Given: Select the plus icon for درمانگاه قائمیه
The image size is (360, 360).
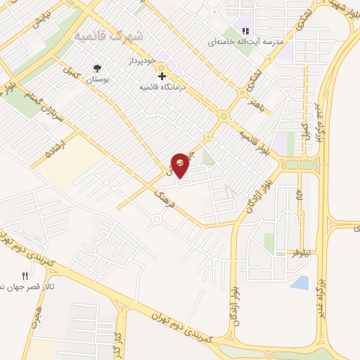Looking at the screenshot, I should click(162, 75).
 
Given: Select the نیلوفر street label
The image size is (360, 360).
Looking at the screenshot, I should click(302, 252).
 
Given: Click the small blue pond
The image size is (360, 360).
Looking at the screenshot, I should click(299, 282).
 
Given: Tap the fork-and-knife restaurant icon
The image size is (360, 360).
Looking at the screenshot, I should click(25, 276).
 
